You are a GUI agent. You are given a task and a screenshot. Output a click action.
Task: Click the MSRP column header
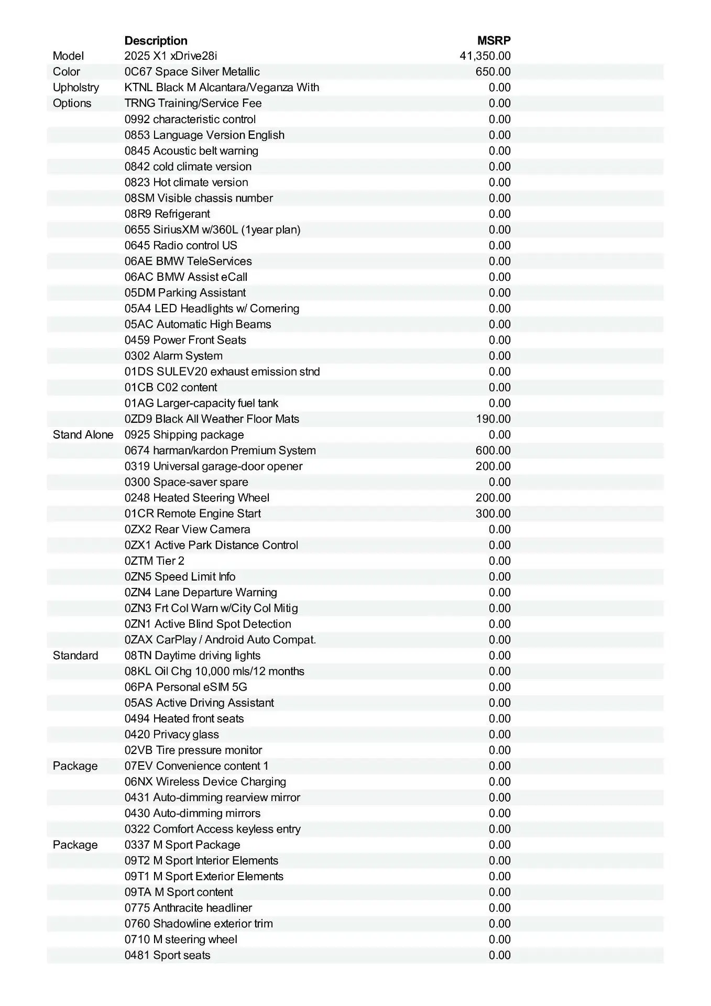494,40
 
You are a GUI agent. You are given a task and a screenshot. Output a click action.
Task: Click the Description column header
156,40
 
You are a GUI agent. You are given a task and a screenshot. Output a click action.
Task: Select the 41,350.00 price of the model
485,56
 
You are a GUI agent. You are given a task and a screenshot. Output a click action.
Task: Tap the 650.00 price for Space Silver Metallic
493,72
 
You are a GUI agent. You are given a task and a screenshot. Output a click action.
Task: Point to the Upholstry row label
75,88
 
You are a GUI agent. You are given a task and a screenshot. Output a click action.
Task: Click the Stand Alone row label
83,435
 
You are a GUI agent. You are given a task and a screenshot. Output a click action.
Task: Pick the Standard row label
75,655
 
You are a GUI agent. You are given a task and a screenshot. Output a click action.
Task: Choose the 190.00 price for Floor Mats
493,419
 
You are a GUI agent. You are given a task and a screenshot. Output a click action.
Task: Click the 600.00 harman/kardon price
493,451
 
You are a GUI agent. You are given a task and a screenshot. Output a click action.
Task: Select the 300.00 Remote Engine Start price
493,513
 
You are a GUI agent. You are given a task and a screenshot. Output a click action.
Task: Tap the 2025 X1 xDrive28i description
171,56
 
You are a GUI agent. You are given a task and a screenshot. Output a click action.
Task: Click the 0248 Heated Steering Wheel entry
197,498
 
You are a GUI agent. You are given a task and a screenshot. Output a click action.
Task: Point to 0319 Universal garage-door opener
213,466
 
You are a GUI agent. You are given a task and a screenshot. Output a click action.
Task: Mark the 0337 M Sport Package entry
182,845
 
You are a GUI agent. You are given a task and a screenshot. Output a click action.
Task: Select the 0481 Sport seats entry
167,955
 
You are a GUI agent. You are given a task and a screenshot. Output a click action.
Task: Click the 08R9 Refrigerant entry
167,214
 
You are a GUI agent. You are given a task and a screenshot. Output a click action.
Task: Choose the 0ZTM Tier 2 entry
155,561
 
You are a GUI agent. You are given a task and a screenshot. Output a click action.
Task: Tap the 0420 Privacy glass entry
172,734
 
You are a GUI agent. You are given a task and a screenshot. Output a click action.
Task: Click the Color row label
67,72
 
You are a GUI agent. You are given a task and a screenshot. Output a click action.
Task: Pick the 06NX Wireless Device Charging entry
205,782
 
